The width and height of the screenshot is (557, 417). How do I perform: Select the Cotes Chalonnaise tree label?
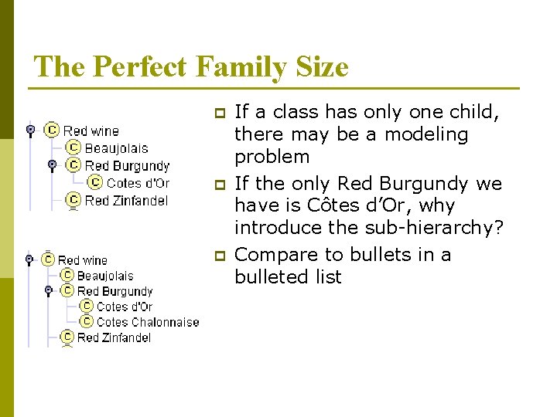pos(148,322)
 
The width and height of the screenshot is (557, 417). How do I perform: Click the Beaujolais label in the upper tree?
pos(116,148)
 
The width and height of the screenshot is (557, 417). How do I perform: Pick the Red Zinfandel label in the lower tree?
pos(114,337)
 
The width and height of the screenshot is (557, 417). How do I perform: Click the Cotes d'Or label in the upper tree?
pos(138,183)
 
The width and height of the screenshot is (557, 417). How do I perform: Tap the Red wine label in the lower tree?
pos(83,260)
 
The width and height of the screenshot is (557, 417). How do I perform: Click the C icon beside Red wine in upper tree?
pos(52,131)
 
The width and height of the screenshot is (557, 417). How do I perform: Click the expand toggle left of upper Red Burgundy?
pos(52,165)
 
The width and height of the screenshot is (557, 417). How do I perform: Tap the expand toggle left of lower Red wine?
pos(29,260)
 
